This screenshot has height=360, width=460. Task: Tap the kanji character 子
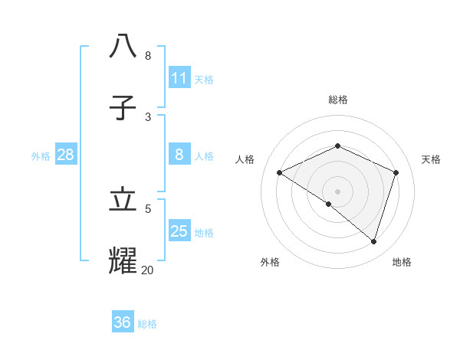(x=123, y=108)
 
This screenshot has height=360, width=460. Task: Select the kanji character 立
(x=123, y=199)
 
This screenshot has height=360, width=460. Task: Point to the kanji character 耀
(x=123, y=260)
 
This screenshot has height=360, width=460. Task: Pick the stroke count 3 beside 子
(x=148, y=116)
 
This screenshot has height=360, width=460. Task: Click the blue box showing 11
(x=179, y=78)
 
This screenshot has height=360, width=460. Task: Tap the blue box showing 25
(x=179, y=231)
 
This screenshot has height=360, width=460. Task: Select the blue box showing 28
(x=65, y=155)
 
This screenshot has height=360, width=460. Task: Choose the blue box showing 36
(x=123, y=322)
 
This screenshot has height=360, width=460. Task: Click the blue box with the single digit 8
(x=179, y=155)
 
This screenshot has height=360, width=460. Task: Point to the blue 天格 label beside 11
(x=204, y=79)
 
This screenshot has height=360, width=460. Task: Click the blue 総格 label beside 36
(x=147, y=324)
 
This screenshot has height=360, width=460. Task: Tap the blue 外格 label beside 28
(x=41, y=156)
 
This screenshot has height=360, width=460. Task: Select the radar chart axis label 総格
(x=338, y=100)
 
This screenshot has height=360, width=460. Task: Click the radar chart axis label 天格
(x=432, y=159)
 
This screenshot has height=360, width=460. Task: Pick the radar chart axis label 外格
(x=270, y=262)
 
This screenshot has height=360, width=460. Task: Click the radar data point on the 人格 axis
(x=280, y=172)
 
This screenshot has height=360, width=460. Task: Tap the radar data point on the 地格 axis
(x=373, y=241)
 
